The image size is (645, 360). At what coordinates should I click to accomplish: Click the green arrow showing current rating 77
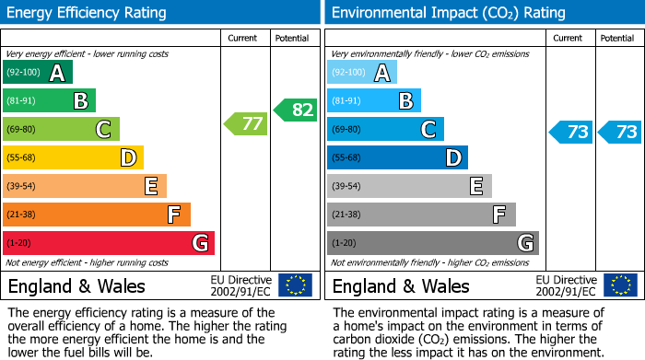coord(245,123)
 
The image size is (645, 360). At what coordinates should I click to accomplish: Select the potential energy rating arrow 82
coord(295,110)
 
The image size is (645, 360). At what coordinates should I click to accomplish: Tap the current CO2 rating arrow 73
coord(570,132)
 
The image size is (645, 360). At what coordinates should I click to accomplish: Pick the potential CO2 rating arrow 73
coord(619,132)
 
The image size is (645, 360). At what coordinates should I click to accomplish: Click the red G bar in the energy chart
coord(109,243)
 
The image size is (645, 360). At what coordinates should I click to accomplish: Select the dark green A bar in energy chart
coord(38,73)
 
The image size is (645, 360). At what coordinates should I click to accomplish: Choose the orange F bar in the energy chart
coord(97,215)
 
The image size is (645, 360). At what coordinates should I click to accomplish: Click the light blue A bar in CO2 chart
coord(362,73)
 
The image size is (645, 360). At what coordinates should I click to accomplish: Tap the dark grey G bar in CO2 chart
coord(433,243)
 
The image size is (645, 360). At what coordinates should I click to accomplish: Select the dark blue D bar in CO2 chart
coord(397,157)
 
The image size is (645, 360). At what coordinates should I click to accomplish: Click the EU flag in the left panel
coord(295,285)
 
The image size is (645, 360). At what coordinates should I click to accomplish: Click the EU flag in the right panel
coord(621,285)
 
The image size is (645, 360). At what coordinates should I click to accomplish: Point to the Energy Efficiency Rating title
coord(88,13)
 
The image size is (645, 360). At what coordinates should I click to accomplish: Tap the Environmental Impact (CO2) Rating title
coord(448,13)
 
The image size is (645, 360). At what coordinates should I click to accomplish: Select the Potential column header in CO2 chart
coord(617,38)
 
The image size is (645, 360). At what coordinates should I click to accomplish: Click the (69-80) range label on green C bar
coord(22,130)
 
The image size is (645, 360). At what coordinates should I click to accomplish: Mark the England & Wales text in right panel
coord(401,285)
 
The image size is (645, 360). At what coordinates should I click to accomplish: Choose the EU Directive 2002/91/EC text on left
coord(240,285)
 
